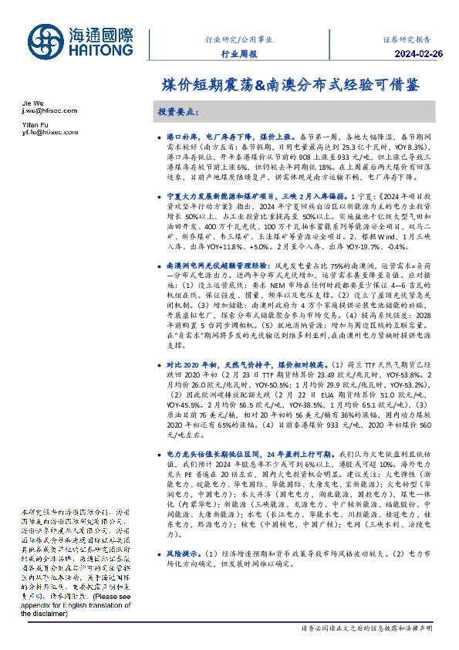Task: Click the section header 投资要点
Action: [179, 112]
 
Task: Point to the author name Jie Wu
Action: [32, 103]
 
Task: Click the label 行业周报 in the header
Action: [239, 54]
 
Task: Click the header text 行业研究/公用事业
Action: [238, 38]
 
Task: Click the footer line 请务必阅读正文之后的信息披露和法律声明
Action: [366, 630]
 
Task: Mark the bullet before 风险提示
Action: [159, 575]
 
